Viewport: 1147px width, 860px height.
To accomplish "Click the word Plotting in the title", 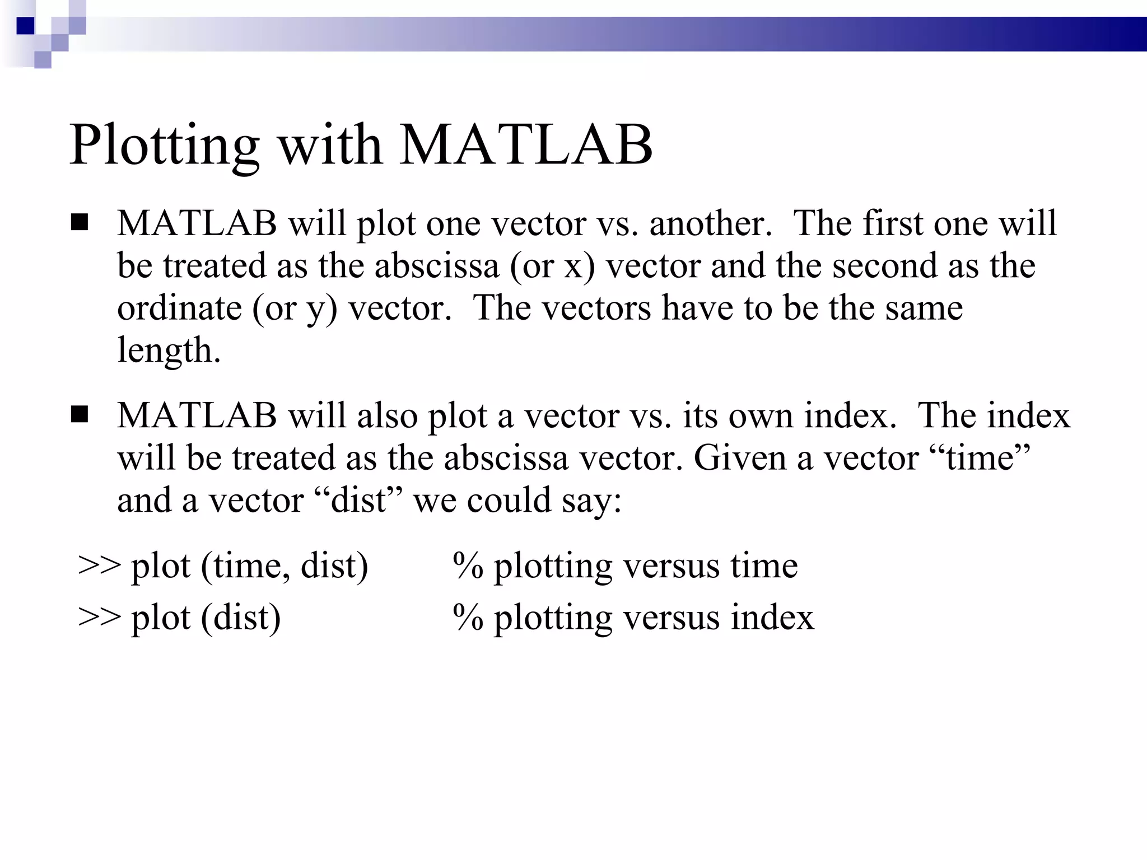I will point(164,146).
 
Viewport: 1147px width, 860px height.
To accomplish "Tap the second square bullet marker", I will point(80,415).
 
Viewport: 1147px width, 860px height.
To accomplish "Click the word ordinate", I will point(179,309).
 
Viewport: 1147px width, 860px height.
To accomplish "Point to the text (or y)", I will point(295,309).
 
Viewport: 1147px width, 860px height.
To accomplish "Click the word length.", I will point(168,351).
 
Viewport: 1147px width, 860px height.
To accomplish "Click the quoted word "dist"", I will point(359,501).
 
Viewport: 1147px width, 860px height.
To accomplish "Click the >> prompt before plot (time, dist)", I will point(99,565).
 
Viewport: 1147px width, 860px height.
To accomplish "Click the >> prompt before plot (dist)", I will point(99,618).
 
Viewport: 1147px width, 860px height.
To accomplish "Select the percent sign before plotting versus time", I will point(468,565).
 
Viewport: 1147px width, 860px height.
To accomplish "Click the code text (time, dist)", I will point(284,565).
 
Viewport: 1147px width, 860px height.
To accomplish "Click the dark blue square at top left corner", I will point(26,26).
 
